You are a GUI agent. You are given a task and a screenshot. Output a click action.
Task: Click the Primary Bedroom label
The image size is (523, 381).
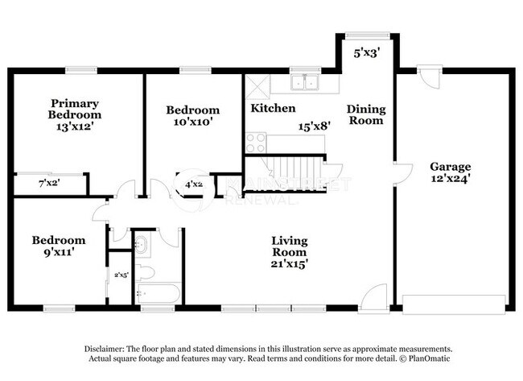[x=75, y=109]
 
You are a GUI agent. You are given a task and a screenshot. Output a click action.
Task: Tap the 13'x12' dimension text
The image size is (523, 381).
[x=75, y=126]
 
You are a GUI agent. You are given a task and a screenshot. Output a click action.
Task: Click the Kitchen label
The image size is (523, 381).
[x=273, y=108]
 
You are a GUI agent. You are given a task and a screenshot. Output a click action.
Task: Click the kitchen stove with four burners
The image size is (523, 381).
[x=256, y=143]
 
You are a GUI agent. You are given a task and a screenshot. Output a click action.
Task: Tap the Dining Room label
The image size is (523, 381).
[x=366, y=114]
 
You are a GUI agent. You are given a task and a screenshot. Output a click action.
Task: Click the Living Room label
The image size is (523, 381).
[x=290, y=246]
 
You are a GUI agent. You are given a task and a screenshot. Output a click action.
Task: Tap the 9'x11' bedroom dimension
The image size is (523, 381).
[x=58, y=253]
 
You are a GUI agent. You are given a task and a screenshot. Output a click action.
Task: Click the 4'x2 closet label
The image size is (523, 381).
[x=194, y=184]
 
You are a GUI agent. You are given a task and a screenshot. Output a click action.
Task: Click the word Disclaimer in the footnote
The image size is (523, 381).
[x=108, y=347]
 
